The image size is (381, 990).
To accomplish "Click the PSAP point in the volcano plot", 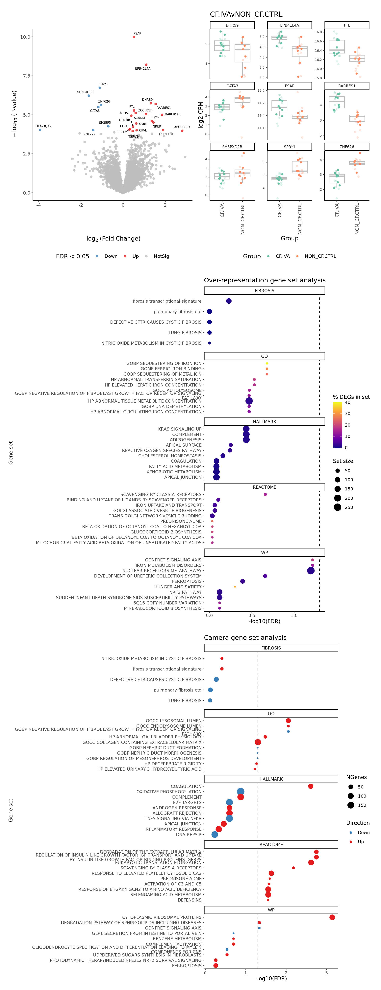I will pyautogui.click(x=134, y=37).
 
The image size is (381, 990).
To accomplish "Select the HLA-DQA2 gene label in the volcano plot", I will pyautogui.click(x=43, y=126).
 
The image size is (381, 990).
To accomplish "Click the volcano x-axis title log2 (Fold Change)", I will pyautogui.click(x=114, y=239).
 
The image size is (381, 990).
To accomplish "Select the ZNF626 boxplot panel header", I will pyautogui.click(x=347, y=147).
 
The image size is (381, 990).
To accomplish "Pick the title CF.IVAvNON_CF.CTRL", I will pyautogui.click(x=246, y=14).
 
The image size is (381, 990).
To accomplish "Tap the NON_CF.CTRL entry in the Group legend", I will pyautogui.click(x=320, y=256).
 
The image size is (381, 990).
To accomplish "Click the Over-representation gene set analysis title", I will pyautogui.click(x=265, y=280).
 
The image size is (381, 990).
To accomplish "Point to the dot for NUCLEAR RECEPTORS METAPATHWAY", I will pyautogui.click(x=311, y=571).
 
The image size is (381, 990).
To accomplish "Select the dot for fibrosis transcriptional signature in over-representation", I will pyautogui.click(x=229, y=301).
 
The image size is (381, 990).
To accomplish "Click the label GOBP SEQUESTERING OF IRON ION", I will pyautogui.click(x=164, y=363).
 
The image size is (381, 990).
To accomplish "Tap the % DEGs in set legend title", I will pyautogui.click(x=351, y=397).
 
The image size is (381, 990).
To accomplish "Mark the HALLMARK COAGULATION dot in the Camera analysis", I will pyautogui.click(x=311, y=786).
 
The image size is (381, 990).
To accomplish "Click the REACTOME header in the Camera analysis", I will pyautogui.click(x=271, y=844).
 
